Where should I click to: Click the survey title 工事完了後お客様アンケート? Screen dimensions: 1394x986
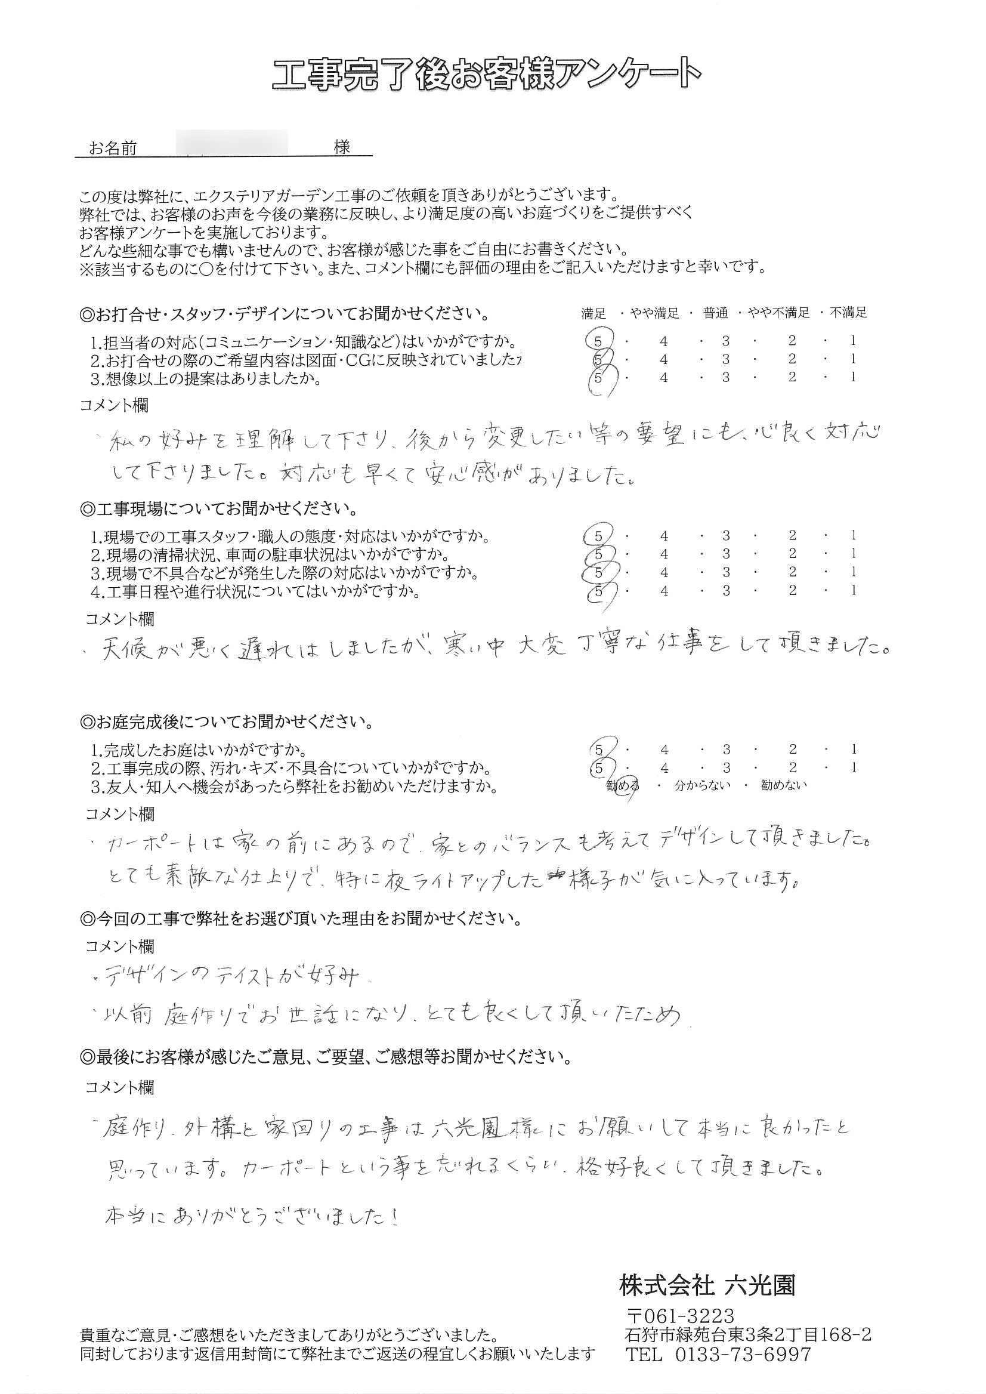pos(486,75)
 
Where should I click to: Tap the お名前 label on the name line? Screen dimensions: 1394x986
pos(113,148)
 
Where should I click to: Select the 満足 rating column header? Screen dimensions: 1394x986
pos(594,313)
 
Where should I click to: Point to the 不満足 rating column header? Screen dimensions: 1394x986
pos(848,313)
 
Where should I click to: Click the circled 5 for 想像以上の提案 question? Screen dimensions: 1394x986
pos(599,377)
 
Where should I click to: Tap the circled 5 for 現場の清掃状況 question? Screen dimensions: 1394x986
pos(599,554)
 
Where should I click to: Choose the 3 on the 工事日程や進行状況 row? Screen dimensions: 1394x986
pos(726,590)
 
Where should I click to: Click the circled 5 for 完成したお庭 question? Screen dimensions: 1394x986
pos(599,750)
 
